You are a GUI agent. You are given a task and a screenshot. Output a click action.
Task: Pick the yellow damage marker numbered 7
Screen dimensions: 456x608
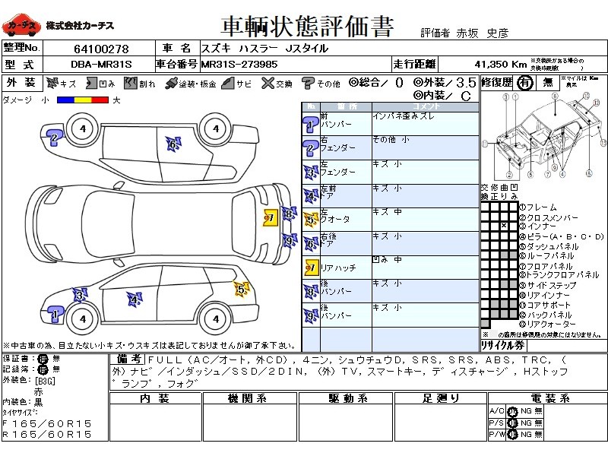268,218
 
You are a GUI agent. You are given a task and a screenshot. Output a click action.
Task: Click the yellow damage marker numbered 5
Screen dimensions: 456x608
241,289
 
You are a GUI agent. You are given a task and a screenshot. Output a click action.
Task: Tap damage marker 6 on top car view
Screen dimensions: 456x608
173,143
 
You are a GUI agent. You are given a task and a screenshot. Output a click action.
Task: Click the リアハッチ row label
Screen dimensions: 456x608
337,268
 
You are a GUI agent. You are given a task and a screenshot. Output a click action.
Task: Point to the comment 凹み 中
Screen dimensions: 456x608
387,260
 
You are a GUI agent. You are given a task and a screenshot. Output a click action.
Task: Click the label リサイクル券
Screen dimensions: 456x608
502,345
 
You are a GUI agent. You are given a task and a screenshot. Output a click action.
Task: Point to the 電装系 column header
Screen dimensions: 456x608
546,398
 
